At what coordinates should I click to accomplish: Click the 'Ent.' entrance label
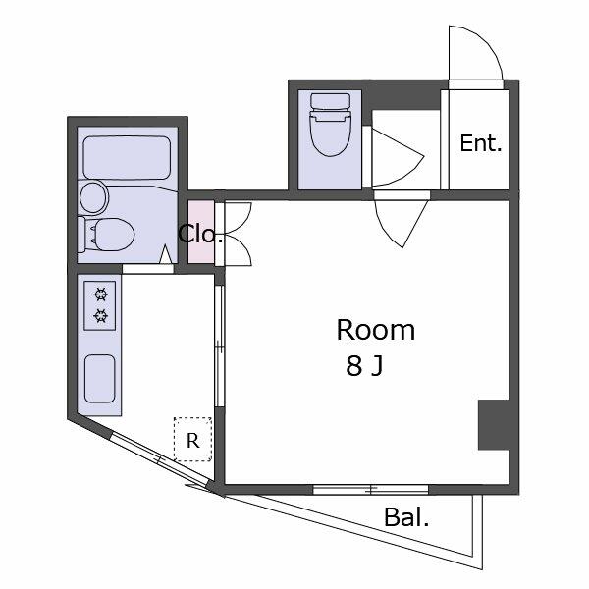(x=481, y=143)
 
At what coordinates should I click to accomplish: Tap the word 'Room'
(x=376, y=330)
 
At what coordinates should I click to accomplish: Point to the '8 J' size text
(x=364, y=366)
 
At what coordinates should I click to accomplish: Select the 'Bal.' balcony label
(x=406, y=517)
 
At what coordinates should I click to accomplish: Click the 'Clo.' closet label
(x=200, y=234)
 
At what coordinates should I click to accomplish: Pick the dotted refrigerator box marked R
(x=192, y=439)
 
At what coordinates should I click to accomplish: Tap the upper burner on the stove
(x=100, y=294)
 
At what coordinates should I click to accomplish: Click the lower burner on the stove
(x=100, y=315)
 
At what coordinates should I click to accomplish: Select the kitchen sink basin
(x=99, y=379)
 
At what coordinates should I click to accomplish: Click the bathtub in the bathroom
(x=127, y=158)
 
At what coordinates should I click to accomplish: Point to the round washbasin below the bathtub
(x=93, y=197)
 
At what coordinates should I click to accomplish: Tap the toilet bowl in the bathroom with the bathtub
(x=113, y=235)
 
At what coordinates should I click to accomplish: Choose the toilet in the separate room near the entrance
(x=330, y=125)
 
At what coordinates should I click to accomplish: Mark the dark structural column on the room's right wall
(x=494, y=424)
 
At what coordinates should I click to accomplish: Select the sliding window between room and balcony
(x=371, y=490)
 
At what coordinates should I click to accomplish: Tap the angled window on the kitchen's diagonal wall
(x=160, y=459)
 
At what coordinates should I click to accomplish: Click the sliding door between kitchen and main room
(x=220, y=346)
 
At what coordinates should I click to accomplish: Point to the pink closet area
(x=201, y=232)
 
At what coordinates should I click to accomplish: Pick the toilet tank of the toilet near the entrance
(x=331, y=101)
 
